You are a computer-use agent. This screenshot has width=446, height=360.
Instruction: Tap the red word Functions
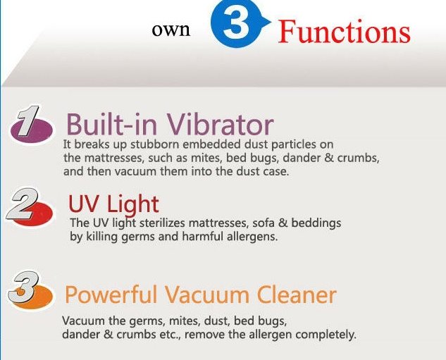tap(344, 31)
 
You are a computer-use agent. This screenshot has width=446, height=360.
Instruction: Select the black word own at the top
tap(171, 30)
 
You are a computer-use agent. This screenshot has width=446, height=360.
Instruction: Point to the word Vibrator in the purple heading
tap(220, 125)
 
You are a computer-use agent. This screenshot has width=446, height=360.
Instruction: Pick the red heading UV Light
tap(113, 204)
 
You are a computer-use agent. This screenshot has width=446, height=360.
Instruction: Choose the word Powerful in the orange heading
tap(111, 294)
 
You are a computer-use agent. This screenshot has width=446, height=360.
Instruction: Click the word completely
tap(326, 335)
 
